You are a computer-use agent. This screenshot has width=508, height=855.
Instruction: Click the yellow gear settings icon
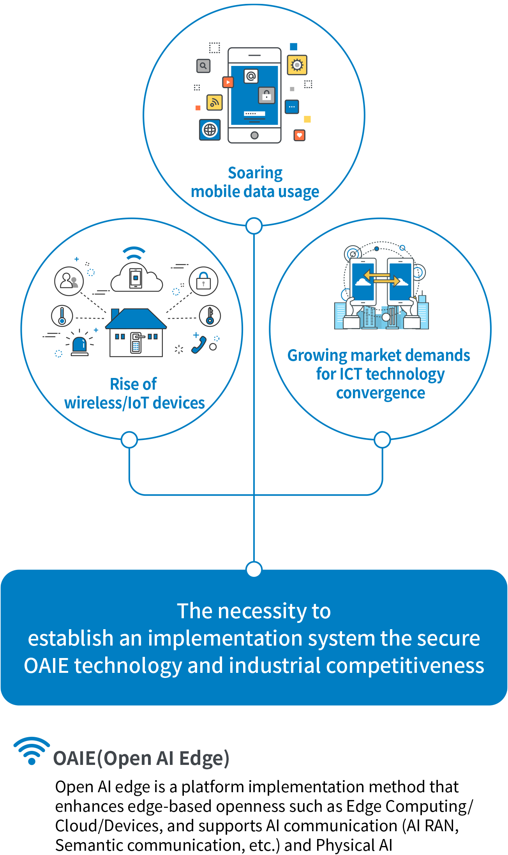click(x=297, y=65)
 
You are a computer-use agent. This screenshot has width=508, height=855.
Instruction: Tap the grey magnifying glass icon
click(x=203, y=66)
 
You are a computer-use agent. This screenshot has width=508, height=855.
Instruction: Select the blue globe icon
click(x=210, y=130)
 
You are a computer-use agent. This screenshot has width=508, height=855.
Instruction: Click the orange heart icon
click(x=299, y=135)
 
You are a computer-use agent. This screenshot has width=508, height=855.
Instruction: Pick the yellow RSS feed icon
click(x=214, y=103)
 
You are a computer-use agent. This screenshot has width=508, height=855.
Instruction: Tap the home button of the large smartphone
click(x=254, y=135)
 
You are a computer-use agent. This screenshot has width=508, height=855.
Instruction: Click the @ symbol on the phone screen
click(x=251, y=76)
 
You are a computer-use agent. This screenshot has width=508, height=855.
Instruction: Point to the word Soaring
click(x=255, y=173)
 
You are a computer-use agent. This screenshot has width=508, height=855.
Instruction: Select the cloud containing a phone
click(x=136, y=277)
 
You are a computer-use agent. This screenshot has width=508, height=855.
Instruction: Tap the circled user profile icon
click(x=69, y=281)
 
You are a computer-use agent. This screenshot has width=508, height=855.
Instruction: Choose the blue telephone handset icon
click(x=199, y=345)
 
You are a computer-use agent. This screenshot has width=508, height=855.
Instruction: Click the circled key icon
click(x=210, y=316)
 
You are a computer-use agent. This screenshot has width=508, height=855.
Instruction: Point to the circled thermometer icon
click(x=62, y=316)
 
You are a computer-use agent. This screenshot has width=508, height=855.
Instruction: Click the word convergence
click(x=381, y=393)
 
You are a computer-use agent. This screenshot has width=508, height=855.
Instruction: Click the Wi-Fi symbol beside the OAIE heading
click(x=32, y=751)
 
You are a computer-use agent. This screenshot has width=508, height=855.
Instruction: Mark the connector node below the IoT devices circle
click(x=129, y=440)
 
